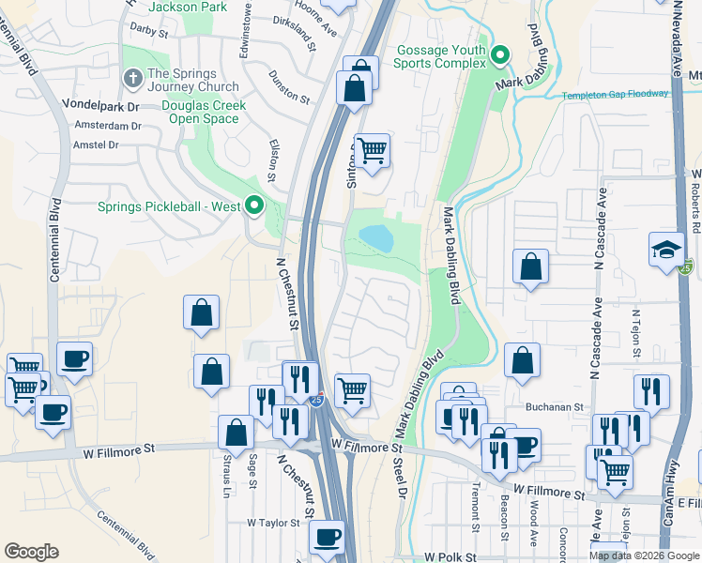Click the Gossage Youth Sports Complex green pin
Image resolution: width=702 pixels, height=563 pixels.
[500, 55]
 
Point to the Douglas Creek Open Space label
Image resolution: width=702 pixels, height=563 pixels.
[204, 112]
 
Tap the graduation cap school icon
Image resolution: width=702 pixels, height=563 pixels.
[665, 250]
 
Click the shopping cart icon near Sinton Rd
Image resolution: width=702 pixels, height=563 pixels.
[373, 149]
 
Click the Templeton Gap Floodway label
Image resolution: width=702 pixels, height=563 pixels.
[616, 94]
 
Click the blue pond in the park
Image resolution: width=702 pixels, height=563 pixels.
[376, 237]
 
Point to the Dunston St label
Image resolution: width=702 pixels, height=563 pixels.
[289, 86]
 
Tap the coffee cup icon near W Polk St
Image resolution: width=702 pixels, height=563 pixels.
[327, 538]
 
